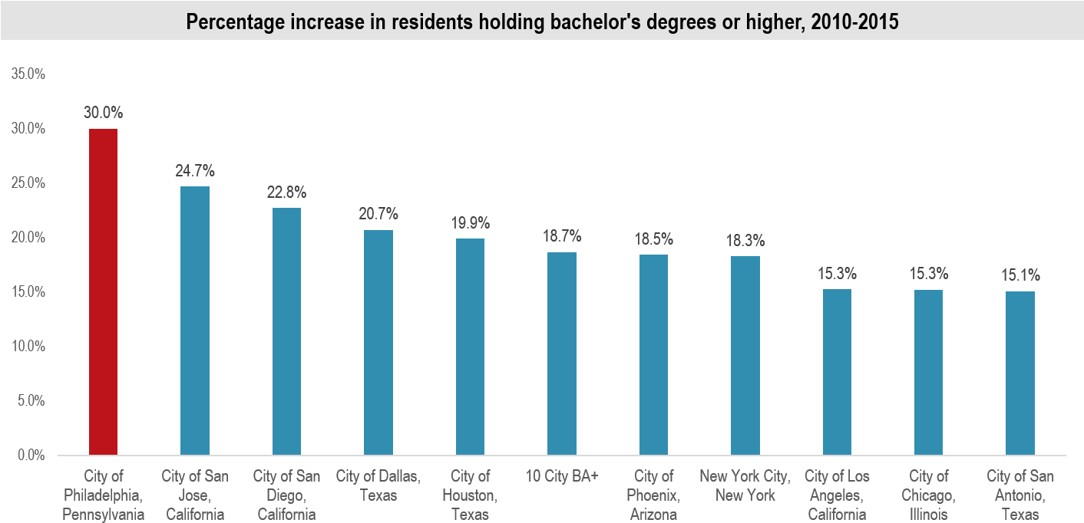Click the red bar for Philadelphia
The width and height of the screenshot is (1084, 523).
[x=103, y=291]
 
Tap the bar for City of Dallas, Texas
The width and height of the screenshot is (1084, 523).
[x=378, y=342]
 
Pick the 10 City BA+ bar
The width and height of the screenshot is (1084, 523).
[x=562, y=354]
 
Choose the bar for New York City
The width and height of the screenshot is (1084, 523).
[x=745, y=355]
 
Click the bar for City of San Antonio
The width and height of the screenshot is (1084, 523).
[x=1020, y=373]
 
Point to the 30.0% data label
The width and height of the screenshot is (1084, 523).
[x=103, y=113]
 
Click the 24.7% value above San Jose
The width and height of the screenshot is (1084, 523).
[x=195, y=170]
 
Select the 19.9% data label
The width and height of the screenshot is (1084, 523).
[x=470, y=223]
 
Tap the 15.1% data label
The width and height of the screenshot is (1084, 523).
[x=1020, y=275]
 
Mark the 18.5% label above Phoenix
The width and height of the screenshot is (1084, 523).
[x=653, y=238]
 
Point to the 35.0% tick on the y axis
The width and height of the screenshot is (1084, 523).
[x=28, y=74]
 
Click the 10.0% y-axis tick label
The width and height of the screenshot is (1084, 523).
[x=28, y=347]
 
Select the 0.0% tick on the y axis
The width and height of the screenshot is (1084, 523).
[x=31, y=456]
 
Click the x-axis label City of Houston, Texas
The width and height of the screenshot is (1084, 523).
[x=470, y=495]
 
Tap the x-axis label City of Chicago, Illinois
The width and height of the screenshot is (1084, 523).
[x=928, y=495]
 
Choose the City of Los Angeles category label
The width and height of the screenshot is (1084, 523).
[x=836, y=495]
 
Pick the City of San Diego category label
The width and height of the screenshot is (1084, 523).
[x=286, y=495]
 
